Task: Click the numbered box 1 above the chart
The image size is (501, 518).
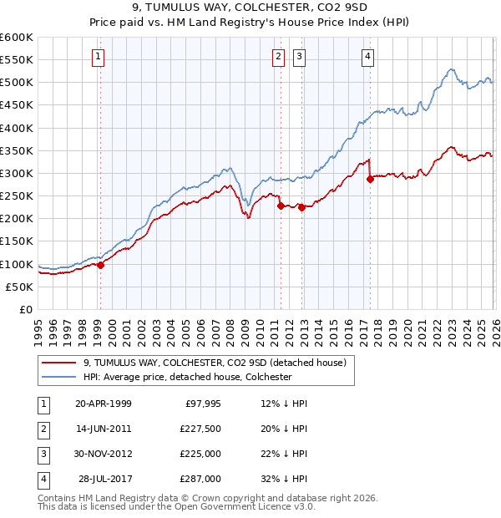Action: (99, 57)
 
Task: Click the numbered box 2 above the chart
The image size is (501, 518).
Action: (277, 57)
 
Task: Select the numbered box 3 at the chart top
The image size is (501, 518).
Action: (299, 57)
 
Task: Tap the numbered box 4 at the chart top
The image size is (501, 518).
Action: (367, 57)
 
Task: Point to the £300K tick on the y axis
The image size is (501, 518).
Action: (17, 173)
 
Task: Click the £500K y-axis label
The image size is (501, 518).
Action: (17, 83)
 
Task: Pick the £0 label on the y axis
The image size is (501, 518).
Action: (26, 309)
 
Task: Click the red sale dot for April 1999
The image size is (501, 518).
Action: (101, 265)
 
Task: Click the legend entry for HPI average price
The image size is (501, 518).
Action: (186, 377)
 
